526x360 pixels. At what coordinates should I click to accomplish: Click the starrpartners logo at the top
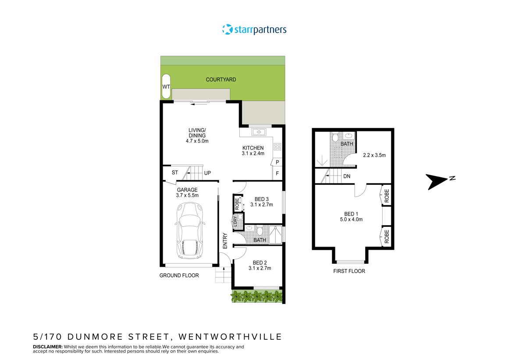[x=254, y=30]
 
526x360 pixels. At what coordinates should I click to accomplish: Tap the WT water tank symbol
[x=166, y=87]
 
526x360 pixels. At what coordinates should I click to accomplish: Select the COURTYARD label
[x=221, y=80]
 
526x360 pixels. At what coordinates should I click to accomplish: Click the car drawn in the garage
[x=189, y=231]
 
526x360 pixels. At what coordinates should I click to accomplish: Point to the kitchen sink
[x=256, y=132]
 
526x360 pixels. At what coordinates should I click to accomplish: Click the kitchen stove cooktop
[x=277, y=147]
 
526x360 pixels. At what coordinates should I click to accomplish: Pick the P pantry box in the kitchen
[x=277, y=162]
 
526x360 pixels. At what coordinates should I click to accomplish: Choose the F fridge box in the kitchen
[x=277, y=173]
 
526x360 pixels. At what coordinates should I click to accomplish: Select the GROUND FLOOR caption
[x=179, y=275]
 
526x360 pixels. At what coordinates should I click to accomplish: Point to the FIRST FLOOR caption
[x=349, y=271]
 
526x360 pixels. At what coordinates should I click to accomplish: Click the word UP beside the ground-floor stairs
[x=207, y=173]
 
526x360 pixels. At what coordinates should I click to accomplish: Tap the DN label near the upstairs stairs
[x=347, y=176]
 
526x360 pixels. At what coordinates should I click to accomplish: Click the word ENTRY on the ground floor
[x=225, y=241]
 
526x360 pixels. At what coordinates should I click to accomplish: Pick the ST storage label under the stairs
[x=174, y=173]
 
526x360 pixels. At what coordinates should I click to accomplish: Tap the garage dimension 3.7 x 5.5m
[x=187, y=195]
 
